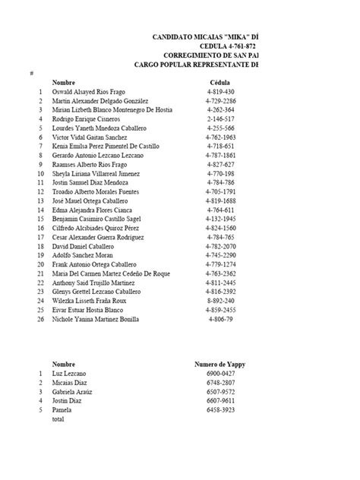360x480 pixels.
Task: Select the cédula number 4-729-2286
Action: [220, 100]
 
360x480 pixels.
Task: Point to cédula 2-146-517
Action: [220, 118]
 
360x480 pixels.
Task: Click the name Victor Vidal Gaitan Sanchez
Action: [90, 137]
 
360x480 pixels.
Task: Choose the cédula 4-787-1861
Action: [220, 155]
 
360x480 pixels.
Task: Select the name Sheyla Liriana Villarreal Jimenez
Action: [101, 173]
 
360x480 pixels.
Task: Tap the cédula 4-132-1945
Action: [220, 219]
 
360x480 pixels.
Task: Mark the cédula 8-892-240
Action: [220, 301]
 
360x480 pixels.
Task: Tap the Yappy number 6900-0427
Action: [220, 374]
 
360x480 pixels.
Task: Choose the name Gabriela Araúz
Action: [72, 392]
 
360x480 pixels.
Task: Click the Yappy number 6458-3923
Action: [220, 410]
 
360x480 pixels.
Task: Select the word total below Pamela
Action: [58, 419]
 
